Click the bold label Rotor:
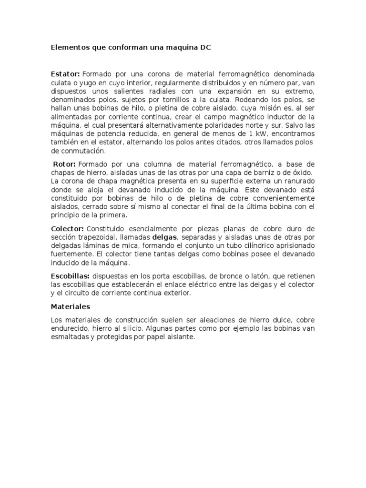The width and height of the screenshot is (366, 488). click(x=64, y=164)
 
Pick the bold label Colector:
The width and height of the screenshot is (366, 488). click(x=68, y=229)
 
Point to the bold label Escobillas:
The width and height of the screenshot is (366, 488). click(x=70, y=276)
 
